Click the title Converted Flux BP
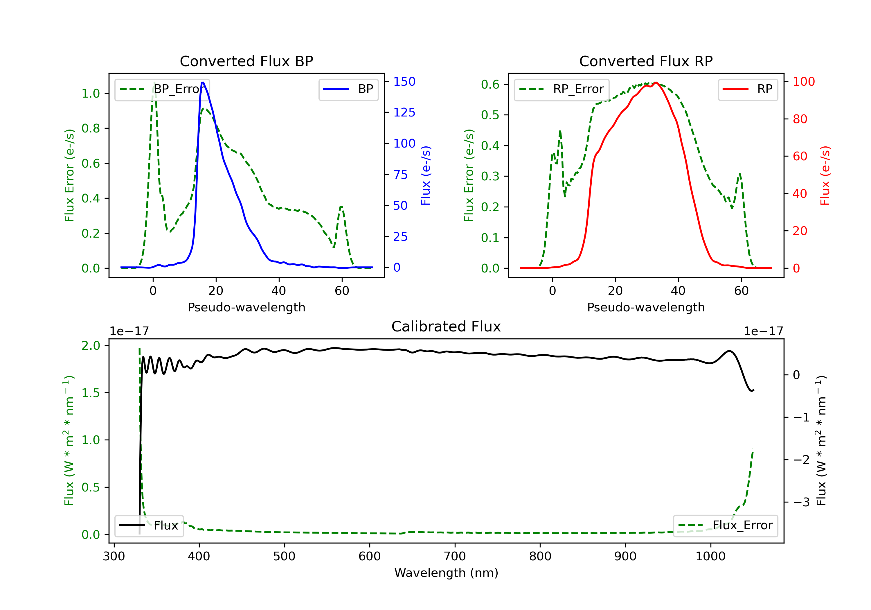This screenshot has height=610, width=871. tap(246, 61)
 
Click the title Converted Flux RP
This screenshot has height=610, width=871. tap(646, 61)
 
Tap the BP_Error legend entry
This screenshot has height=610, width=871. tap(162, 89)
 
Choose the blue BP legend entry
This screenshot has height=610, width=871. tap(348, 89)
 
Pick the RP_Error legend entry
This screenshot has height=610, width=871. tap(562, 89)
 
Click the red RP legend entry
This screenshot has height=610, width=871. tap(748, 89)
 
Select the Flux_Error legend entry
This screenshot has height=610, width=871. tap(725, 525)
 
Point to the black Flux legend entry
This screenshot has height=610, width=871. tap(149, 525)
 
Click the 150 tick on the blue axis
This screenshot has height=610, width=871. tap(404, 82)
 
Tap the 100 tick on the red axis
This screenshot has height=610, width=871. tap(803, 82)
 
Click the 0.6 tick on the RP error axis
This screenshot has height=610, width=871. tap(490, 84)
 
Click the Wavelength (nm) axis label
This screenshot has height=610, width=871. tap(446, 573)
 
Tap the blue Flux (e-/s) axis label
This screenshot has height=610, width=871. tap(426, 175)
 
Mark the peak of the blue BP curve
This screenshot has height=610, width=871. tap(203, 82)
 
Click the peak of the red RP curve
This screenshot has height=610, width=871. tap(656, 82)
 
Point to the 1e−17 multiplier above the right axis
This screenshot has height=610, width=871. tap(763, 331)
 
